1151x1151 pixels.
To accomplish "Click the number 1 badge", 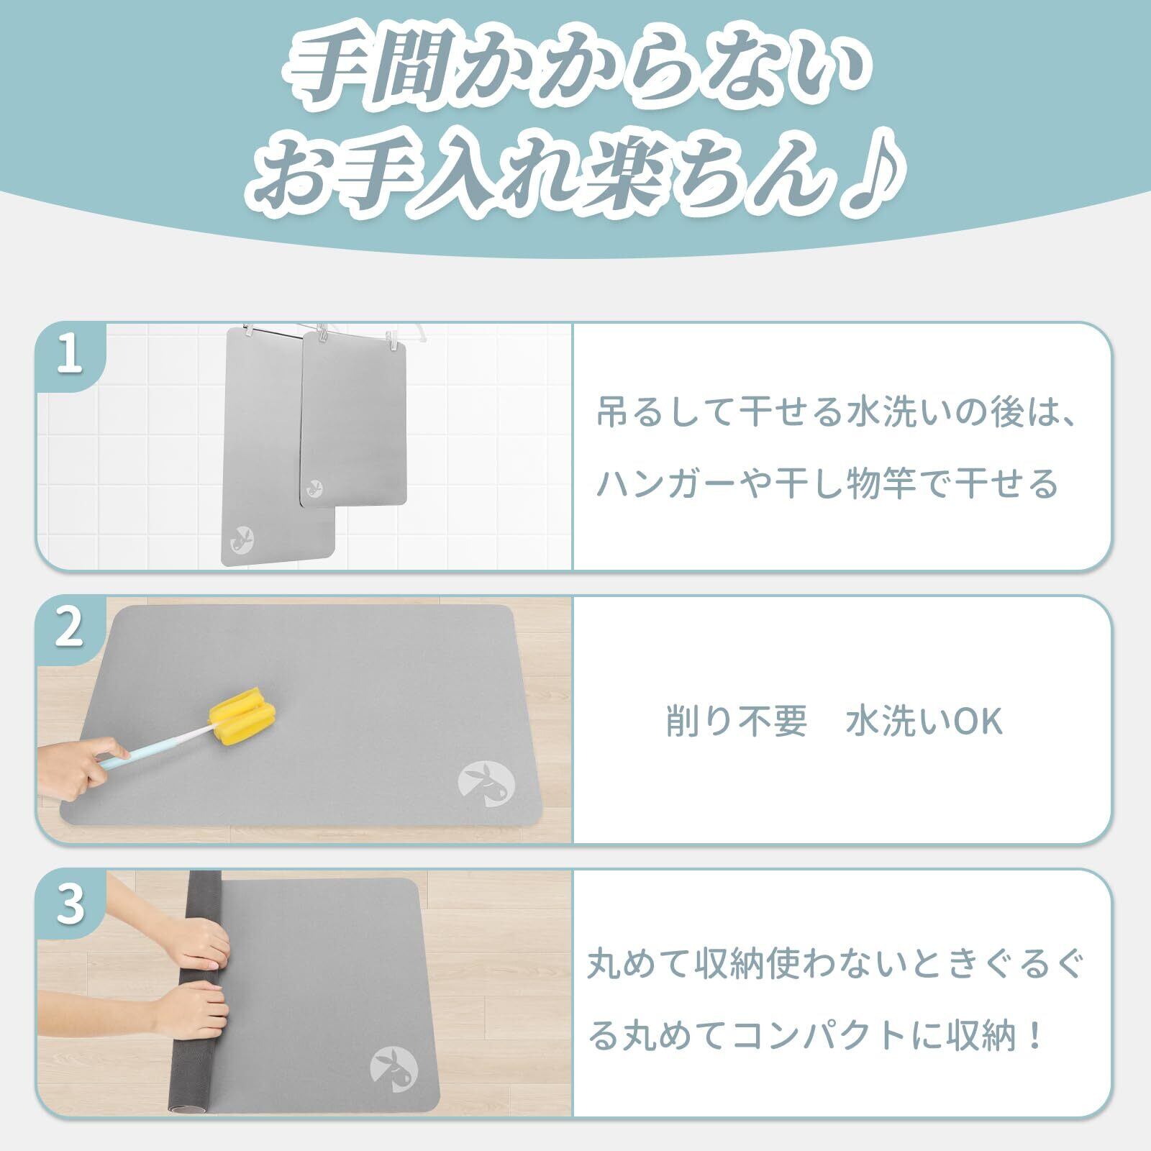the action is pos(70,358).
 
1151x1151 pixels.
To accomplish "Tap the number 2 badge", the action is pos(70,629).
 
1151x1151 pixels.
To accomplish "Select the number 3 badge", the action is pos(70,904).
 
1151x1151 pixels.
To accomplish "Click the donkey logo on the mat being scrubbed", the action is pos(486,784).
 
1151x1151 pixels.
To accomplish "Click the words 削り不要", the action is pos(737,722).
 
